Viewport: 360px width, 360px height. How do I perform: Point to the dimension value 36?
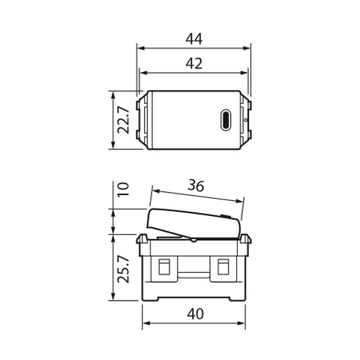pos(196,185)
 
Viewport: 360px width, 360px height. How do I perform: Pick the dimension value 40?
pos(195,314)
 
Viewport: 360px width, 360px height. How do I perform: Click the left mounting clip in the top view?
pos(139,120)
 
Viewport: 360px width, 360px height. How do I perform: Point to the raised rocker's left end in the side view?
pos(150,217)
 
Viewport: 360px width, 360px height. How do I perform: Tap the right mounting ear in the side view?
pos(247,239)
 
